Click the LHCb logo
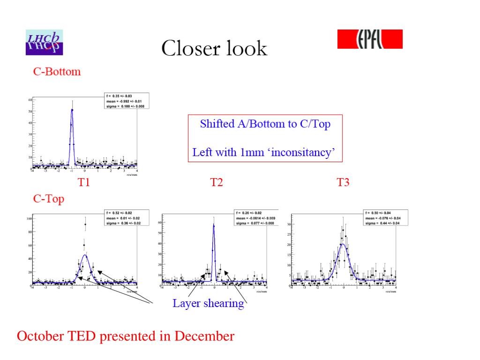[44, 42]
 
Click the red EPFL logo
[370, 39]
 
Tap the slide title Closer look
[214, 48]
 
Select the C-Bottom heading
[57, 72]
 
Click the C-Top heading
[48, 199]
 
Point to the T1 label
[83, 182]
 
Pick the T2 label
[216, 182]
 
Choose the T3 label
[344, 182]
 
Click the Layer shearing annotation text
[208, 303]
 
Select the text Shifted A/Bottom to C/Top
[265, 124]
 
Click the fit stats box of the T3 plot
[387, 217]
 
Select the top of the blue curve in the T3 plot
[343, 244]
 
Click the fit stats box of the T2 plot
[257, 217]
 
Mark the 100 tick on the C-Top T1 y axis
[29, 218]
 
